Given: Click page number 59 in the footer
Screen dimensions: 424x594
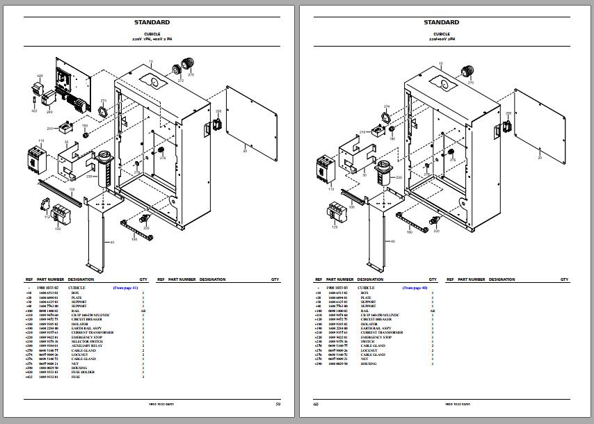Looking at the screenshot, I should tap(278, 404).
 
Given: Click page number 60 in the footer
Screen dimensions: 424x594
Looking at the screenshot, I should tap(316, 404).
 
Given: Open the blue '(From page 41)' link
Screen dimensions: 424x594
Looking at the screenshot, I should tap(125, 287).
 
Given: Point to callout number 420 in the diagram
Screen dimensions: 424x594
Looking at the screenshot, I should tap(40, 75).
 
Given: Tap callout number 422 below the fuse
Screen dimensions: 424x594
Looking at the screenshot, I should tap(34, 111).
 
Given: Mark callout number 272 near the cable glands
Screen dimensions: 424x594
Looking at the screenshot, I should tap(181, 81).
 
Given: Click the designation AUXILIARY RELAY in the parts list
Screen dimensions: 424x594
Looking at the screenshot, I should tap(86, 345).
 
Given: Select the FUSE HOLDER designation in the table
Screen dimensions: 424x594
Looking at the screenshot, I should tap(83, 372).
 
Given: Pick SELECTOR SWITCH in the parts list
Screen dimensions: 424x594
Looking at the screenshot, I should tap(86, 341).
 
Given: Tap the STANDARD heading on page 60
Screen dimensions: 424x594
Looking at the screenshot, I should tap(442, 22).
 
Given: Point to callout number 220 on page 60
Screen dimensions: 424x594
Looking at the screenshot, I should tap(436, 231).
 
